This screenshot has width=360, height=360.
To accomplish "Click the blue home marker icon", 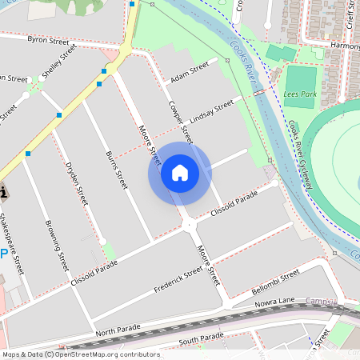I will [x=180, y=173].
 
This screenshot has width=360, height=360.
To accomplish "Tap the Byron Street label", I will [x=49, y=39].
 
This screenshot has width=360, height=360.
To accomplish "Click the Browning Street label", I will [x=58, y=245].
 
